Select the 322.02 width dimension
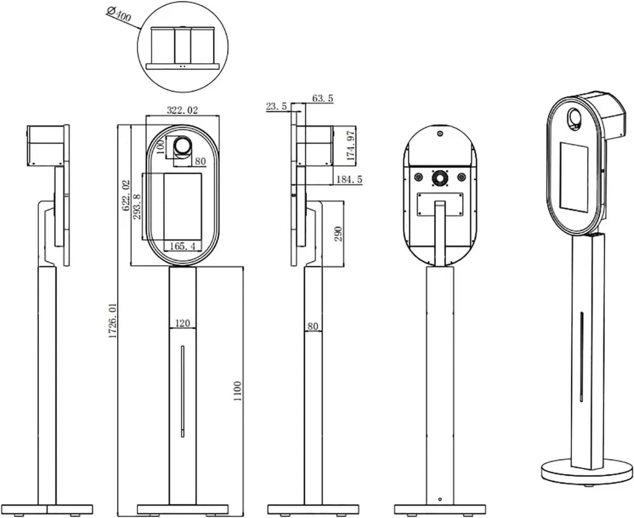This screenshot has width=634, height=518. pyautogui.click(x=183, y=110)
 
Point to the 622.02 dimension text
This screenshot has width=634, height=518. pyautogui.click(x=126, y=196)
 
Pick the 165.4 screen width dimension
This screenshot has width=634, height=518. pyautogui.click(x=183, y=245)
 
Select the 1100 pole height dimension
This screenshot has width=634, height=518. pyautogui.click(x=237, y=391)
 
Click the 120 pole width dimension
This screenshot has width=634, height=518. pyautogui.click(x=183, y=323)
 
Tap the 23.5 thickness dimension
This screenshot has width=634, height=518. pyautogui.click(x=276, y=107)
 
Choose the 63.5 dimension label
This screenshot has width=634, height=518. pyautogui.click(x=323, y=98)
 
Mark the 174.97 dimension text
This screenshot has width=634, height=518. pyautogui.click(x=351, y=144)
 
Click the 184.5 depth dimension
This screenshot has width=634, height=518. pyautogui.click(x=349, y=179)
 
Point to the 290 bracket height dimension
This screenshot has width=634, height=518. pyautogui.click(x=339, y=234)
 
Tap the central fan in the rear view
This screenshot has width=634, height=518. pyautogui.click(x=439, y=178)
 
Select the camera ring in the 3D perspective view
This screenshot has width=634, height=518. pyautogui.click(x=574, y=118)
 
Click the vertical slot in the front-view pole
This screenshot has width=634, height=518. pyautogui.click(x=183, y=391)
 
